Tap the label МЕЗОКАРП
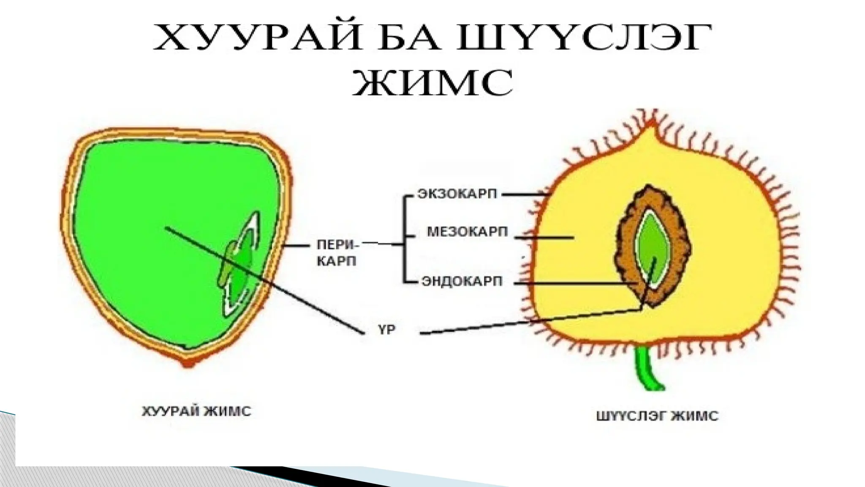point(467,232)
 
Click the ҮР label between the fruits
point(386,330)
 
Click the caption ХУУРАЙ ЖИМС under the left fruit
point(196,411)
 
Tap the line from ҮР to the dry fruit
point(262,279)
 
